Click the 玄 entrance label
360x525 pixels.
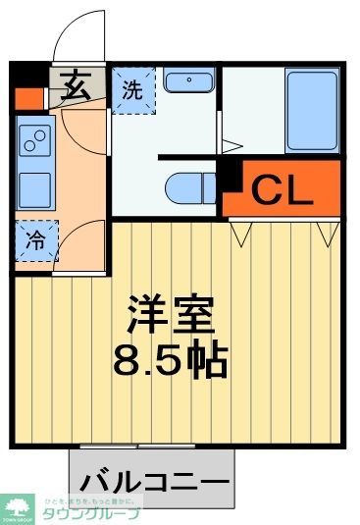(x=78, y=88)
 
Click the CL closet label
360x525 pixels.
(x=283, y=188)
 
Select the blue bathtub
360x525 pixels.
(x=312, y=110)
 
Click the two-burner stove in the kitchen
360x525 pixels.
(x=33, y=143)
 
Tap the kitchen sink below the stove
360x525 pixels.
(x=33, y=184)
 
